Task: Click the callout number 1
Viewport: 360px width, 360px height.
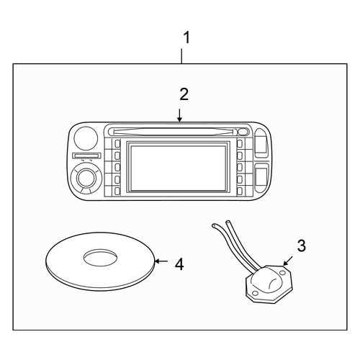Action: pyautogui.click(x=186, y=37)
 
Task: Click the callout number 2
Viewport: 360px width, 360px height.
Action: pyautogui.click(x=184, y=94)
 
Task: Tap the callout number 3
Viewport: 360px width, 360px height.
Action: pyautogui.click(x=302, y=246)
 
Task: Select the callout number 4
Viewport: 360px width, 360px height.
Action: pyautogui.click(x=179, y=264)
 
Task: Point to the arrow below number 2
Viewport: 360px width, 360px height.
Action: pyautogui.click(x=179, y=115)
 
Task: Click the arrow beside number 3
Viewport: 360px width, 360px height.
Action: pyautogui.click(x=288, y=261)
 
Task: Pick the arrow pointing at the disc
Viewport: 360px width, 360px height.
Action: pyautogui.click(x=161, y=261)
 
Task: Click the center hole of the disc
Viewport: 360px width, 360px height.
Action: pyautogui.click(x=101, y=257)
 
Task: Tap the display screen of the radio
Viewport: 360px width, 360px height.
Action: pyautogui.click(x=178, y=168)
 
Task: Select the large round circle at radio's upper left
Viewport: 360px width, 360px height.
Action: pyautogui.click(x=86, y=138)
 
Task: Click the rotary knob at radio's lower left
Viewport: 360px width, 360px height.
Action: pyautogui.click(x=86, y=178)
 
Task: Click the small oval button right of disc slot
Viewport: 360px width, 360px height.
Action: pyautogui.click(x=243, y=132)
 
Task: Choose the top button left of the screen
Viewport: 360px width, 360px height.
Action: pyautogui.click(x=117, y=143)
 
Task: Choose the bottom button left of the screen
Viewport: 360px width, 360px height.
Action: pyautogui.click(x=117, y=191)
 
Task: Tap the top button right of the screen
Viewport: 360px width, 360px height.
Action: pyautogui.click(x=239, y=143)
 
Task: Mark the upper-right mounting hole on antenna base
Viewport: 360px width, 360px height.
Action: pyautogui.click(x=283, y=273)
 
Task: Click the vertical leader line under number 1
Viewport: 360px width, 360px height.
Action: pyautogui.click(x=181, y=56)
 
